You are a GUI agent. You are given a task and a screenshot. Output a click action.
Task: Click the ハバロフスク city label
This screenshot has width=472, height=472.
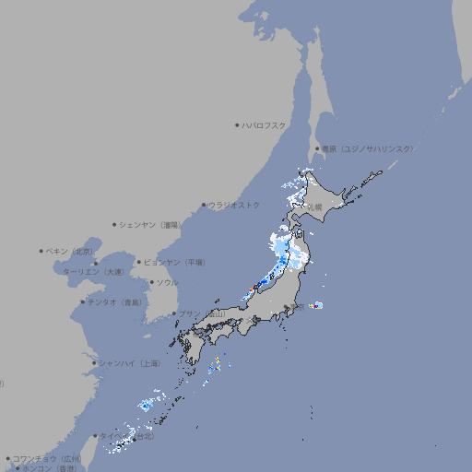[264, 124]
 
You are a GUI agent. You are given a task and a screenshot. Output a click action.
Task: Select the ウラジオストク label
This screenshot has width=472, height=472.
[234, 205]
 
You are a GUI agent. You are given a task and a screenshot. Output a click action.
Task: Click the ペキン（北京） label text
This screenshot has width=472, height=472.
[70, 251]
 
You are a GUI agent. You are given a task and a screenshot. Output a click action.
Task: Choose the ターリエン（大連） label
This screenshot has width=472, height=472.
[94, 272]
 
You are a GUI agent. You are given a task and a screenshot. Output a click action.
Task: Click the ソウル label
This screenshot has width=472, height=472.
[167, 282]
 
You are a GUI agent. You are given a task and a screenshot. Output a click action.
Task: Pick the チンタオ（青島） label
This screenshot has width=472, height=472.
[113, 301]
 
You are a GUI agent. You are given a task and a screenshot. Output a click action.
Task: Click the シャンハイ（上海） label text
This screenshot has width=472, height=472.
[129, 363]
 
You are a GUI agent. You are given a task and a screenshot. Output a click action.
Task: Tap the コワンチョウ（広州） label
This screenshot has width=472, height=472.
[47, 458]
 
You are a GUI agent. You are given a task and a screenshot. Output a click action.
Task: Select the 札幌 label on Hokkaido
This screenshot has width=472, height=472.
[315, 207]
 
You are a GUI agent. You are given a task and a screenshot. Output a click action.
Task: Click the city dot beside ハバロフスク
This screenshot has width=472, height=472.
[237, 124]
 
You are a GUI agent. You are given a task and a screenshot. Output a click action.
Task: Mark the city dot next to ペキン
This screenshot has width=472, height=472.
[41, 251]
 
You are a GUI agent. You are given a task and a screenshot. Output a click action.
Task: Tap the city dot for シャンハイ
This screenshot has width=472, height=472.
[94, 363]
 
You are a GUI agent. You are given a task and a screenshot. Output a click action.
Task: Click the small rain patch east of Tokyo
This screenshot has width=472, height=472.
[316, 304]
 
